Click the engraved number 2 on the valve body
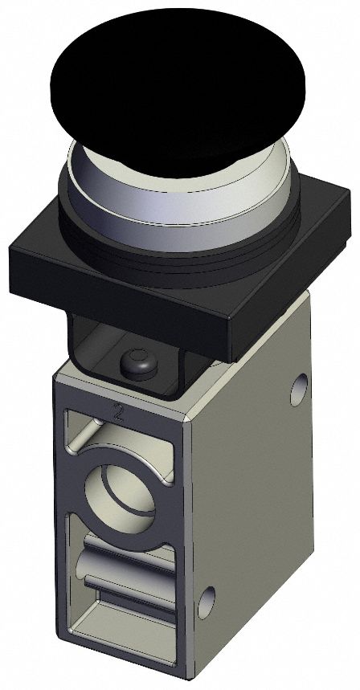119,414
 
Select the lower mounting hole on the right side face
207,598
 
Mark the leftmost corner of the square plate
11,259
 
